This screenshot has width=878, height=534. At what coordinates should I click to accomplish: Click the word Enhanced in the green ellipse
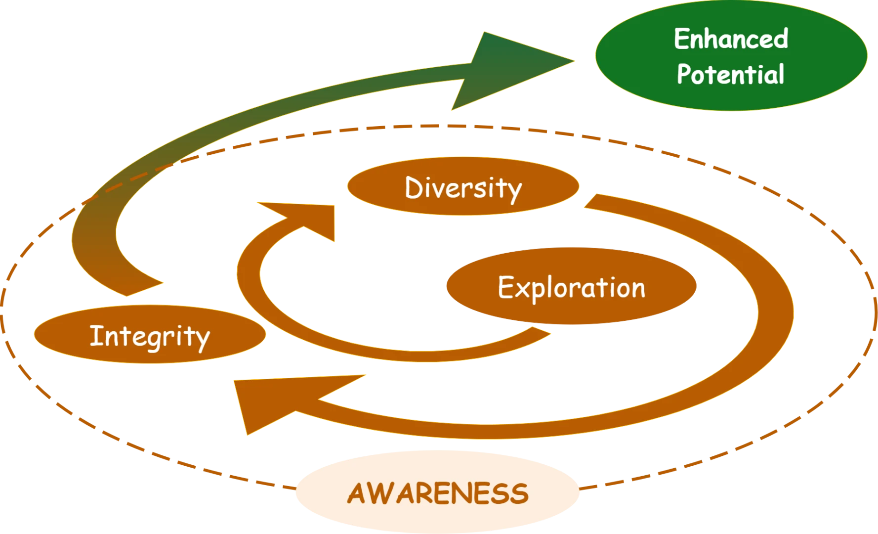tap(731, 39)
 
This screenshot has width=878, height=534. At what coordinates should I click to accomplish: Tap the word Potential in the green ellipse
tap(730, 75)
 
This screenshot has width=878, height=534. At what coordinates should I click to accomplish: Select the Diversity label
tap(463, 188)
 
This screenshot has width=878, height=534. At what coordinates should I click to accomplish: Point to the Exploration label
tap(571, 287)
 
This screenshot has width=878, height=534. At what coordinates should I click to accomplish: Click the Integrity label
tap(149, 336)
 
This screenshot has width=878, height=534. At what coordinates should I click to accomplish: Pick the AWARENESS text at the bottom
tap(438, 493)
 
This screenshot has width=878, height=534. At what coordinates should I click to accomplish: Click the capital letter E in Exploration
tap(506, 287)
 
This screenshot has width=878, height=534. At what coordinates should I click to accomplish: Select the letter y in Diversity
tap(513, 192)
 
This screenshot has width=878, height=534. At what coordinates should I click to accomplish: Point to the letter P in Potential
tap(685, 75)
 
